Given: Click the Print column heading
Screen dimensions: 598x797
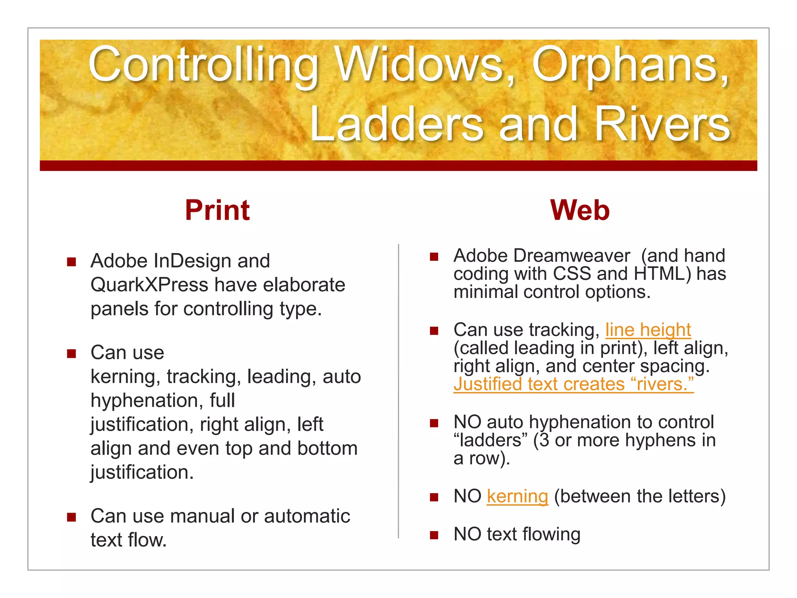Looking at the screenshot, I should (x=217, y=211).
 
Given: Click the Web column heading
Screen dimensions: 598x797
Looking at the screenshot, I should (x=579, y=211).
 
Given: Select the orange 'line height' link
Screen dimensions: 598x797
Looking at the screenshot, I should (x=648, y=330).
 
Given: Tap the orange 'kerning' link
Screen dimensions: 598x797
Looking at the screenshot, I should (x=517, y=496).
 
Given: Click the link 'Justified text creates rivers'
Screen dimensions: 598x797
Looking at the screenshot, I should (x=573, y=384).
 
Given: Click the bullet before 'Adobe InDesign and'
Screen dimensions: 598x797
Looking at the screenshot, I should (x=71, y=262).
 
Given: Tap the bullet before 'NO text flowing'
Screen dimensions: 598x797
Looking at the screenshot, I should (x=434, y=535).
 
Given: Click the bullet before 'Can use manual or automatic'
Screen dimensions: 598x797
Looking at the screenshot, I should (x=71, y=517).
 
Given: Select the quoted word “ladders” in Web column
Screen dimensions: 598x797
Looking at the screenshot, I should (x=491, y=441).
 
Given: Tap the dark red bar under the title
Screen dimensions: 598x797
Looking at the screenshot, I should (x=398, y=165).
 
